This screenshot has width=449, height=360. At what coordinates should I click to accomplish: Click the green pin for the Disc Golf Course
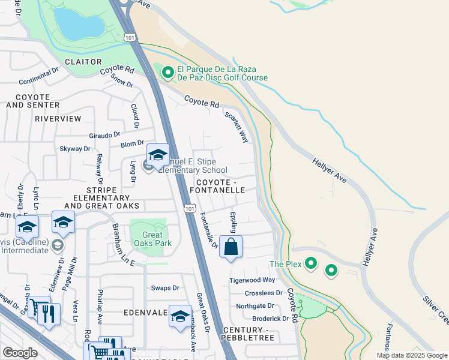(167, 73)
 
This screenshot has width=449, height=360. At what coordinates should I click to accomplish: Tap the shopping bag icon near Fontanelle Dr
(231, 247)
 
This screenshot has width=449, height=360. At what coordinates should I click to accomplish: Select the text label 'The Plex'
(284, 263)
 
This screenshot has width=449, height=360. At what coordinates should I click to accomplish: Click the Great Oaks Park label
(149, 239)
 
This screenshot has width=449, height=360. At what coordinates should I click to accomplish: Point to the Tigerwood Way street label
(252, 280)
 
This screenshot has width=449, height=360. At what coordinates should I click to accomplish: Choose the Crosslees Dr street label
(263, 293)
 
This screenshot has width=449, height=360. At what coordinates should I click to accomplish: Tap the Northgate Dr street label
(255, 305)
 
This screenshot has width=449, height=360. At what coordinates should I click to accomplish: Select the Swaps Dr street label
(165, 288)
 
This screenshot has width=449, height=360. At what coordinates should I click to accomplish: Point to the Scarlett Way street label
(237, 127)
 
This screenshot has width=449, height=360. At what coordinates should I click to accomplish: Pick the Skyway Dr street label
(75, 148)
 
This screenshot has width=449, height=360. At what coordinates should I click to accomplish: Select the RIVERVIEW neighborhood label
(58, 119)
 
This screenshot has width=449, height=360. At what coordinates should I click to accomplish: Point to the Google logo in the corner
(20, 353)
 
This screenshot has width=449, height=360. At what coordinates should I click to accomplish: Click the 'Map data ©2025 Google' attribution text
(411, 355)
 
